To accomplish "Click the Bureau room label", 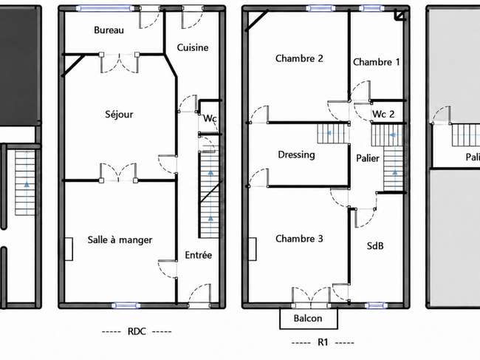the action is [109, 30].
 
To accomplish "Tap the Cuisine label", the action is [193, 47].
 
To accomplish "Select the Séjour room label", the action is [119, 115].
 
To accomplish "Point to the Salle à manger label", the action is [120, 240].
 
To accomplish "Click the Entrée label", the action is [199, 255].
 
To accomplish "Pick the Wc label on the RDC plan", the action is [210, 118].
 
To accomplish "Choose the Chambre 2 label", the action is [299, 58].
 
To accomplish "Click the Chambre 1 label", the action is [376, 62].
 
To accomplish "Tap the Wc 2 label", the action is [383, 115].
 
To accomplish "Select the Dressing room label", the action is [296, 154].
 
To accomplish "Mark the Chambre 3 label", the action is [299, 238].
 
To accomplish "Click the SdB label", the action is [375, 245].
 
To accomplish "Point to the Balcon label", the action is [308, 319].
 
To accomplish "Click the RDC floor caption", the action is [137, 331].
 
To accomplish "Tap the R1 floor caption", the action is [323, 342].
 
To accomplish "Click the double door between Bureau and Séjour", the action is [119, 63].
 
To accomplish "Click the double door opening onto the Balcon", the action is [311, 297].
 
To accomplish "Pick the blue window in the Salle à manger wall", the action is [126, 305].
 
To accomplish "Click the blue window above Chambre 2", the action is [320, 9].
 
